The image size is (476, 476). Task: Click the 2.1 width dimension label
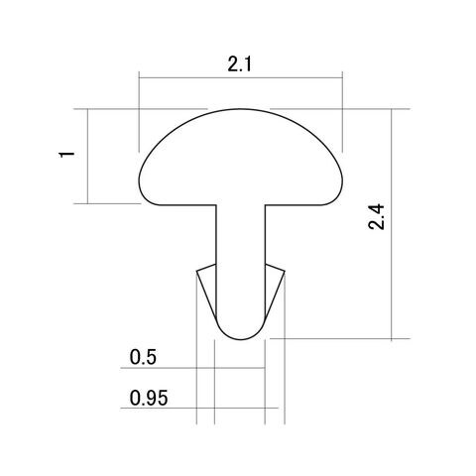coord(239,64)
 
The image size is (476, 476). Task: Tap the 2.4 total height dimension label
coord(377,217)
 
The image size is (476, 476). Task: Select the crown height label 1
coord(66,155)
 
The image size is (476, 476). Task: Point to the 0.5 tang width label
coord(143,357)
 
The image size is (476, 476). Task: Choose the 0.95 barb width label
coord(149,398)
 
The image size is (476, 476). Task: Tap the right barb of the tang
coord(274,290)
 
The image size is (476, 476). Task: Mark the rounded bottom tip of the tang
coord(241,339)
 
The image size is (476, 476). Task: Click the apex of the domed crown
coord(241,109)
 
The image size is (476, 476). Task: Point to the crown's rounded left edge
coord(139,181)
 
